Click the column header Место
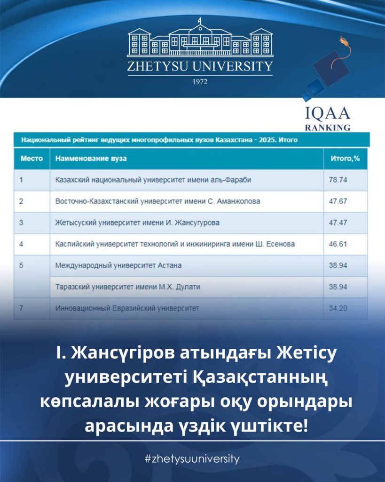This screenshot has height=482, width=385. [x=31, y=159]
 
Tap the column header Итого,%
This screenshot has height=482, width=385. [x=345, y=159]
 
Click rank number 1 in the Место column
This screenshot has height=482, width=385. [x=22, y=180]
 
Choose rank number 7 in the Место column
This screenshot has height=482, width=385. [x=22, y=308]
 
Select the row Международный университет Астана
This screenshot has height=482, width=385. [x=118, y=265]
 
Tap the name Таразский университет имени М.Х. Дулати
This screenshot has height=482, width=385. [x=124, y=287]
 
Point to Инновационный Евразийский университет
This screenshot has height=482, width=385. [x=127, y=308]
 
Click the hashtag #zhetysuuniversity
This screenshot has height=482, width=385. [x=192, y=458]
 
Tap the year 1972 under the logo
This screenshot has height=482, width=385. [x=200, y=81]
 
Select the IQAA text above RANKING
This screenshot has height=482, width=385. [x=328, y=114]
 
